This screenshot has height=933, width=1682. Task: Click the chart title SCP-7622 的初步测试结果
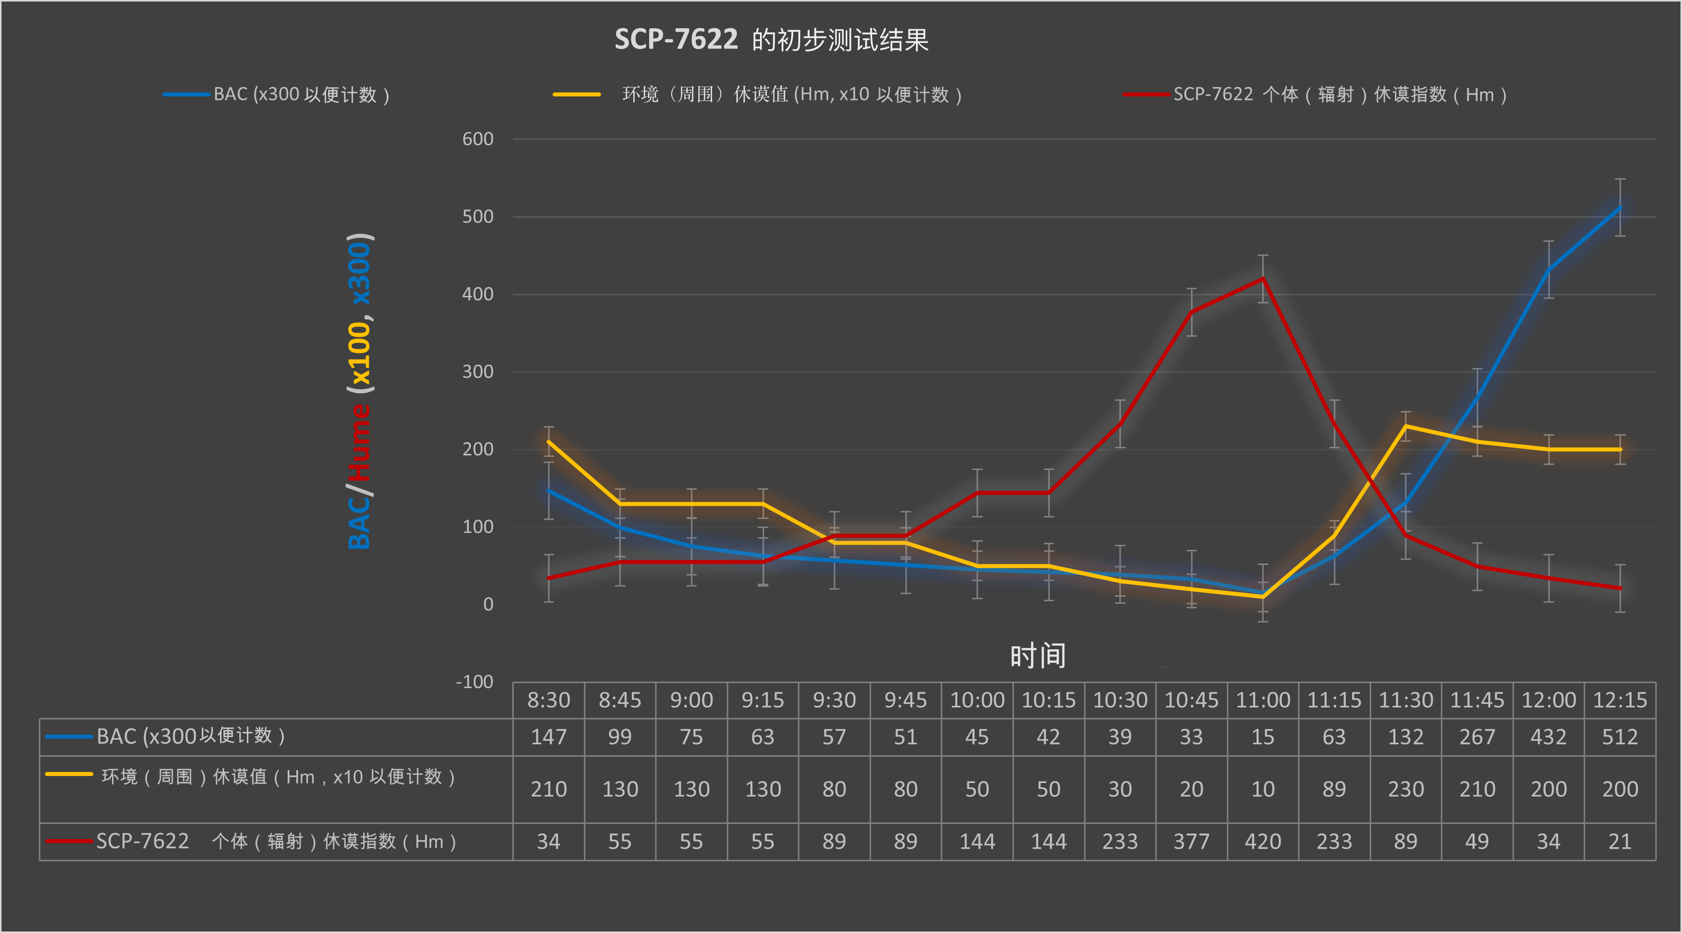[771, 40]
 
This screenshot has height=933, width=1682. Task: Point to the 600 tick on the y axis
[477, 139]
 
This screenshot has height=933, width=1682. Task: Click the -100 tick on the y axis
[475, 682]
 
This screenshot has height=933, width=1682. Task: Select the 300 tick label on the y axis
[477, 372]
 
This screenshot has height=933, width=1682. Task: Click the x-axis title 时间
[1038, 655]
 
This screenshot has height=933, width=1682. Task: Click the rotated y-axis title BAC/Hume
[360, 391]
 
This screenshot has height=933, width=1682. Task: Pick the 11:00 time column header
[1263, 700]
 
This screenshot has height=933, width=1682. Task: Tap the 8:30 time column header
[549, 700]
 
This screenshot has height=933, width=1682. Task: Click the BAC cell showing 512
[1619, 737]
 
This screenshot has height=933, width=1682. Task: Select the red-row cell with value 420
[1263, 842]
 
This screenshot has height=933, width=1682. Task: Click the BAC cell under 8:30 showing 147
[549, 737]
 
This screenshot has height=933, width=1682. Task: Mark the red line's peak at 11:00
[1263, 279]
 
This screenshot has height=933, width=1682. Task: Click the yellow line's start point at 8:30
[549, 442]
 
